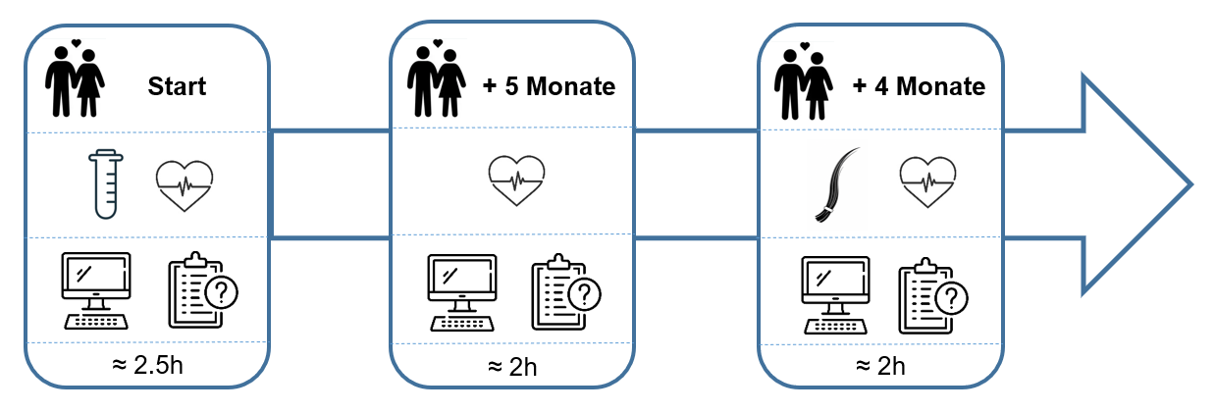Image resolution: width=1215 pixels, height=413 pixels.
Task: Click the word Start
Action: point(177,86)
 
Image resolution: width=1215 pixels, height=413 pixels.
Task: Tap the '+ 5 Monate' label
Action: point(549,86)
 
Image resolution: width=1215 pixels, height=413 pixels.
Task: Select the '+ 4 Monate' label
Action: point(919,86)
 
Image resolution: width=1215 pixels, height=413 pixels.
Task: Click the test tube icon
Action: point(106,184)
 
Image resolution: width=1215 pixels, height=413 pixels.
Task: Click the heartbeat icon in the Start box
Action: point(185,185)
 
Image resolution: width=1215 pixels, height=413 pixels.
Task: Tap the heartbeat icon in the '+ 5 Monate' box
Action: point(516,181)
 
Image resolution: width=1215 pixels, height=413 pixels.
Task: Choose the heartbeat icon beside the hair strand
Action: point(927,182)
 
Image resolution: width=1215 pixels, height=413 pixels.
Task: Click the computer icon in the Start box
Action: point(96,290)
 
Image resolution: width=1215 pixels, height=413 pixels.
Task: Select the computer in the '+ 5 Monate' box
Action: point(462,292)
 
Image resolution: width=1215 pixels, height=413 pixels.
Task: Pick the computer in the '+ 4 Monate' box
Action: point(836,295)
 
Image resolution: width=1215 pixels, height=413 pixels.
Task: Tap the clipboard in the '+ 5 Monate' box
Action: point(566,292)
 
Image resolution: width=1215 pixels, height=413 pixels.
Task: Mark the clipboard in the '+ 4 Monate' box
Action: point(933,295)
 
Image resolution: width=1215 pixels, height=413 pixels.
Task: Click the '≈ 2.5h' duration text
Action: point(147,365)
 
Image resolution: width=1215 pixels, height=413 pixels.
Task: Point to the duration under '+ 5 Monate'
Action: point(512,368)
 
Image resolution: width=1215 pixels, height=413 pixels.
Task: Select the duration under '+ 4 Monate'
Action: point(880,366)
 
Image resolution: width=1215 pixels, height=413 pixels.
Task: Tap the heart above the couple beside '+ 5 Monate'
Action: point(438,43)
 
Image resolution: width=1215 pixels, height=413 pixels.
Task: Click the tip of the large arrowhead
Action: point(1192,184)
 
